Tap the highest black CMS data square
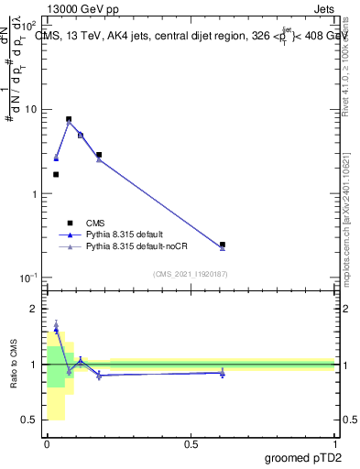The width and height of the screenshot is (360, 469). (69, 119)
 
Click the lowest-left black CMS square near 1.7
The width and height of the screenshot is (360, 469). (56, 174)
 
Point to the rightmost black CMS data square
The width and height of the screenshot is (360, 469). (223, 245)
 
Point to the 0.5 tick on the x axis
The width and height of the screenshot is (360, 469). (191, 443)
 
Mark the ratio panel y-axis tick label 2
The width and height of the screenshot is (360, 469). (33, 309)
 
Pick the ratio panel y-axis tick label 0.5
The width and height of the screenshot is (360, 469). (29, 420)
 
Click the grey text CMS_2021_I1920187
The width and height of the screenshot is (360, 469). (190, 273)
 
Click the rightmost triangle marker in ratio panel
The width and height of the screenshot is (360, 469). (223, 373)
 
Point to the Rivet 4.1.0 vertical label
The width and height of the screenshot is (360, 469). (349, 64)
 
